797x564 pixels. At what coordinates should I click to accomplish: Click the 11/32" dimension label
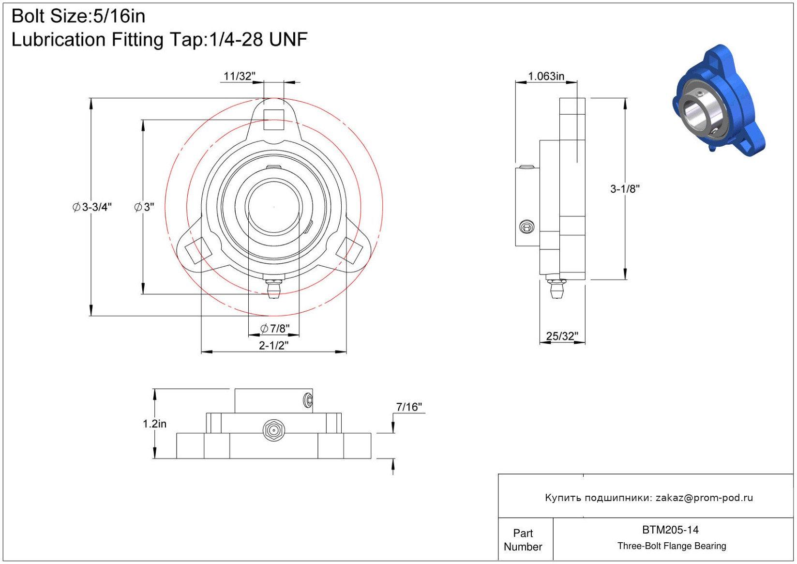tap(239, 76)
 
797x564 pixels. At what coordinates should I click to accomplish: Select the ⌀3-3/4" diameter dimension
tap(92, 207)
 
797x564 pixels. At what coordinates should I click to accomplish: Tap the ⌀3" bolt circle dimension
tap(144, 207)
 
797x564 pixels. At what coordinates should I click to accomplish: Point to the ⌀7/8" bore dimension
tap(274, 328)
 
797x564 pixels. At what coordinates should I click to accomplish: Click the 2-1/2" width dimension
tap(273, 345)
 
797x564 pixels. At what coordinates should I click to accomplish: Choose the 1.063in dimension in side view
tap(546, 76)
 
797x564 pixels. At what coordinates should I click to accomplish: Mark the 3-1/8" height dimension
tap(625, 189)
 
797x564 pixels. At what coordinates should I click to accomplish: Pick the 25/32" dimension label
tap(562, 336)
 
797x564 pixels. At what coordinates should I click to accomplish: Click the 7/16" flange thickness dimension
tap(409, 407)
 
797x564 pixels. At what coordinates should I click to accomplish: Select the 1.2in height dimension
tap(154, 424)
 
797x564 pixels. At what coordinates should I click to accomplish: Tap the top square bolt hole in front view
tap(273, 120)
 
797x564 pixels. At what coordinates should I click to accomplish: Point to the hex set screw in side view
tap(526, 227)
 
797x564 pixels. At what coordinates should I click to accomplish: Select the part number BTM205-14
tap(670, 530)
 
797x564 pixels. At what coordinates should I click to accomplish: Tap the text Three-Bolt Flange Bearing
tap(672, 546)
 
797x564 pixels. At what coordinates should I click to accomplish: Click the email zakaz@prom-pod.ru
tap(704, 498)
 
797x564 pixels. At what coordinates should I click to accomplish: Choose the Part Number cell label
tap(523, 540)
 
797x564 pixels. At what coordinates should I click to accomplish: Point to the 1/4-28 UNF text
tap(258, 40)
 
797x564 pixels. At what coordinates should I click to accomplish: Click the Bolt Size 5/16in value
tap(119, 16)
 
